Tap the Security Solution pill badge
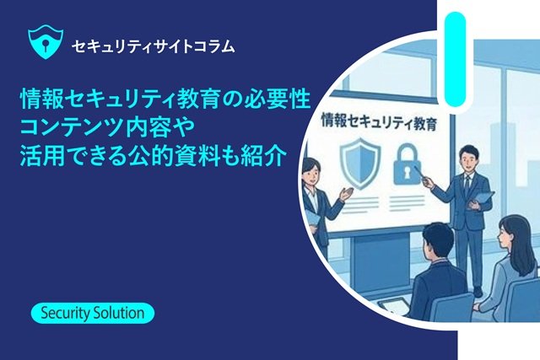point(93,313)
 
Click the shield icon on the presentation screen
point(360,163)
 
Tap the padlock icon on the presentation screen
point(408,163)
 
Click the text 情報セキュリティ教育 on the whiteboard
point(379,122)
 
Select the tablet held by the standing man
point(481,199)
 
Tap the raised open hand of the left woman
point(346,193)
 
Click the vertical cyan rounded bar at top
point(455,58)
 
